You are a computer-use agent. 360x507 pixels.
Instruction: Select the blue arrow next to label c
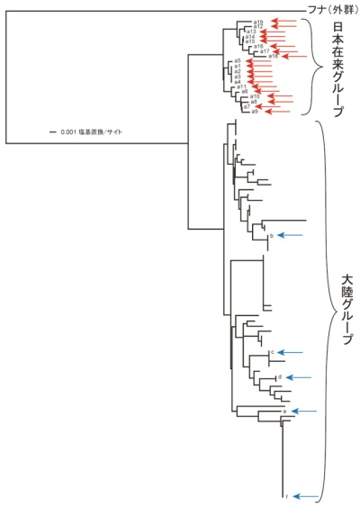[x=292, y=351]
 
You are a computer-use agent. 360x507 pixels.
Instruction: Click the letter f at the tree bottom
[x=286, y=496]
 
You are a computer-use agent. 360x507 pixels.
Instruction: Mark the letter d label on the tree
[x=281, y=376]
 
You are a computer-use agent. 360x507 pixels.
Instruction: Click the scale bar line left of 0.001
[x=53, y=133]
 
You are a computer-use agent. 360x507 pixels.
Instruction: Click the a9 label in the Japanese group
[x=256, y=112]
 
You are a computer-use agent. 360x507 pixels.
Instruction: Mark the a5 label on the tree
[x=237, y=60]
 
